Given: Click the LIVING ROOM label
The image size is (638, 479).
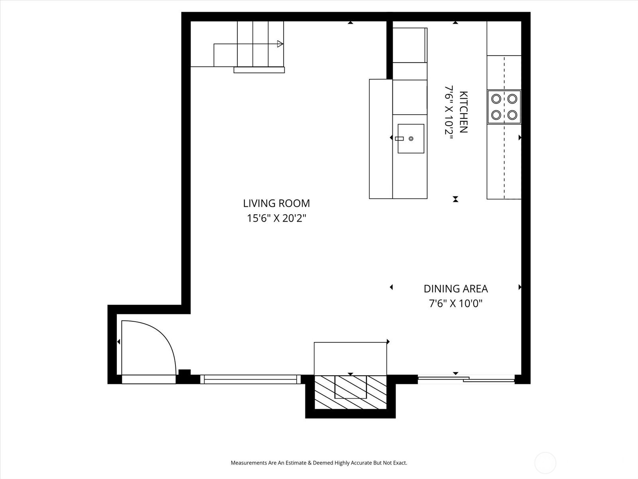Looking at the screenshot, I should coord(276,203).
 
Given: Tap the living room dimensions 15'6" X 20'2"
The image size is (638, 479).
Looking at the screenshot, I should coord(276,218).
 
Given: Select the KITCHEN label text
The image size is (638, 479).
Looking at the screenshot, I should coord(463,112).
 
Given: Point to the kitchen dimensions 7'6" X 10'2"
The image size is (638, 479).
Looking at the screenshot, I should coord(449,112).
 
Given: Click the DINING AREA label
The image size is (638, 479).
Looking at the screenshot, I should coord(455,289).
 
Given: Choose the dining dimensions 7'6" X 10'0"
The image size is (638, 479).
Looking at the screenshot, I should coord(455,304).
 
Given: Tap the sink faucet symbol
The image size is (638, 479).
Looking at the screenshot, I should coord(400,139).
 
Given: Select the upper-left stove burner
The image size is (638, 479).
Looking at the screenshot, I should coord(496,98).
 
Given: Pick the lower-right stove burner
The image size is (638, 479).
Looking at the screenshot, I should coord(512,115).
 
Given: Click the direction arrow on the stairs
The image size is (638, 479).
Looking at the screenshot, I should coord(280,44).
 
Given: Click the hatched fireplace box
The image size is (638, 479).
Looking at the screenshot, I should coord(351,392).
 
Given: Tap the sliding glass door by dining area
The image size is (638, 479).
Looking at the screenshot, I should coord(466,379).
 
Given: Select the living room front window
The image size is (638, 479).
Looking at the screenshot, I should coord(250,379).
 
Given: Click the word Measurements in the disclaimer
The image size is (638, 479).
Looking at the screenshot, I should coord(249,463).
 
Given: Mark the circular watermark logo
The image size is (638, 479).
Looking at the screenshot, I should coord(545,463).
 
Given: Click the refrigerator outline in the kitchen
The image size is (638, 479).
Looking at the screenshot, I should coord(410,45).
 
